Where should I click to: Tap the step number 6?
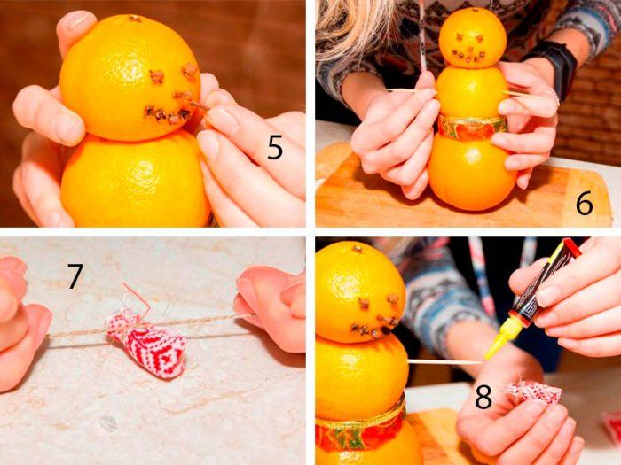click(584, 203)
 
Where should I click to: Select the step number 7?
click(75, 276)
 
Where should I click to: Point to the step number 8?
click(483, 397)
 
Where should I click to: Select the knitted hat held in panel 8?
click(535, 394)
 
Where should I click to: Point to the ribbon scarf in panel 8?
click(360, 429)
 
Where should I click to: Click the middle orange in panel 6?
click(472, 92)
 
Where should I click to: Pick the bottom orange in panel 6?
click(472, 171)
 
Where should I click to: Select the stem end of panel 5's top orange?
click(134, 18)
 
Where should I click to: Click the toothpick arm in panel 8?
click(446, 361)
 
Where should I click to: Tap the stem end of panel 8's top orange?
click(358, 249)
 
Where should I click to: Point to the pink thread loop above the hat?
click(137, 296)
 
